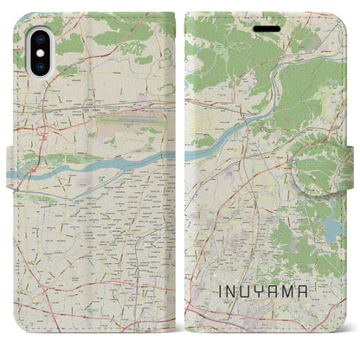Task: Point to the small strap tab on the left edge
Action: coord(10,160)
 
